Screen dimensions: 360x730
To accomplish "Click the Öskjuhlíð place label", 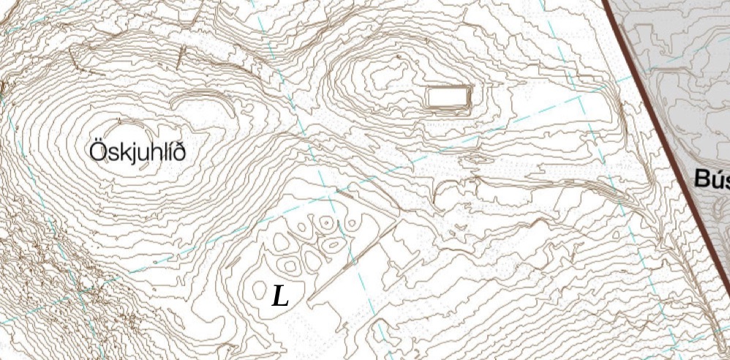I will click(137, 152).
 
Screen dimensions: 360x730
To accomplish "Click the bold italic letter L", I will click(280, 296).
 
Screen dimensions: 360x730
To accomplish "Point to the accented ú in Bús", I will click(716, 179).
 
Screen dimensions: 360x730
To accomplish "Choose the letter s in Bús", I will click(726, 180).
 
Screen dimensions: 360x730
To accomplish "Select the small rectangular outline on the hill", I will click(448, 96).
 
